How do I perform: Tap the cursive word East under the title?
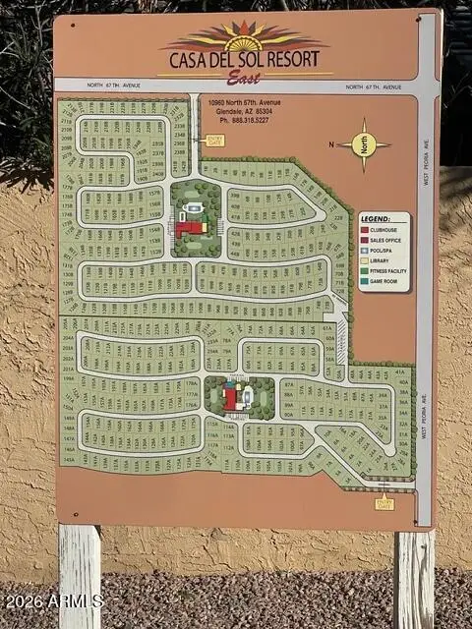point(244,77)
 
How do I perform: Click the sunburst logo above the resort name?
point(244,37)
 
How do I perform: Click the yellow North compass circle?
point(364,144)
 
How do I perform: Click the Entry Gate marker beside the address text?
point(215,140)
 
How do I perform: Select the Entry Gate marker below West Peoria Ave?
point(384,503)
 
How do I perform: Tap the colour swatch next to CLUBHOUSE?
point(365,229)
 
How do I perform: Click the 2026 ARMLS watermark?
point(54,600)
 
